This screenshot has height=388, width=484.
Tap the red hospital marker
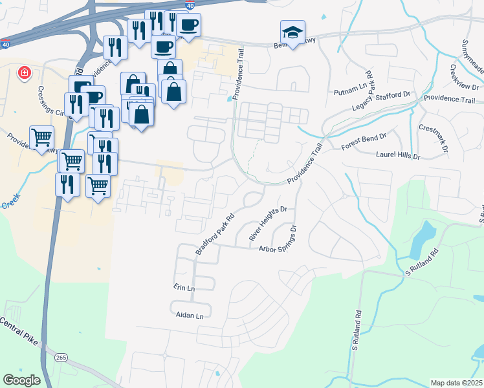pos(25,72)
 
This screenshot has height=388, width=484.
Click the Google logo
pos(21,380)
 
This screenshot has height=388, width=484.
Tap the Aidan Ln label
pos(190,316)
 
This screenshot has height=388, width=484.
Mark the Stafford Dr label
pos(399,94)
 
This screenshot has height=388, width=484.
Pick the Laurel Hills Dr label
pos(398,156)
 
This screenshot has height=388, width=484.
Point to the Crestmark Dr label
pos(433,137)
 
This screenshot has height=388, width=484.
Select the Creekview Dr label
pos(463,77)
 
